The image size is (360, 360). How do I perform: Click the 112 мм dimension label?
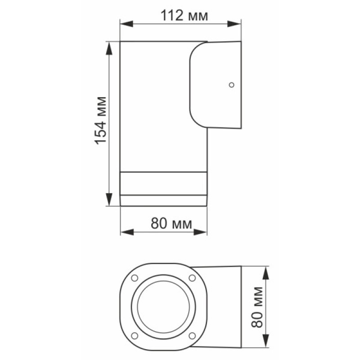(x=184, y=16)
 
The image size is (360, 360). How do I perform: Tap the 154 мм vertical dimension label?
(x=100, y=121)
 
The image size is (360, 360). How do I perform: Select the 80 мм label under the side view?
(x=171, y=223)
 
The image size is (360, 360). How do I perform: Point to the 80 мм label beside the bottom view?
(x=256, y=307)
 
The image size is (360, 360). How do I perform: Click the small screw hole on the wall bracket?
(x=231, y=85)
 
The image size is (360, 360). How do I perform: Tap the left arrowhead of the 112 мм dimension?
(x=127, y=24)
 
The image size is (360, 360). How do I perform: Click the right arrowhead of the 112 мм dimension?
(x=234, y=24)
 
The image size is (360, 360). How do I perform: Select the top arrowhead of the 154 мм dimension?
(x=109, y=49)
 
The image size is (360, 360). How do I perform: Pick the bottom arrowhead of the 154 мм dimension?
(x=109, y=199)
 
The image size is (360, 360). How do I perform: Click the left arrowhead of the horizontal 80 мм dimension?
(x=127, y=232)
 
